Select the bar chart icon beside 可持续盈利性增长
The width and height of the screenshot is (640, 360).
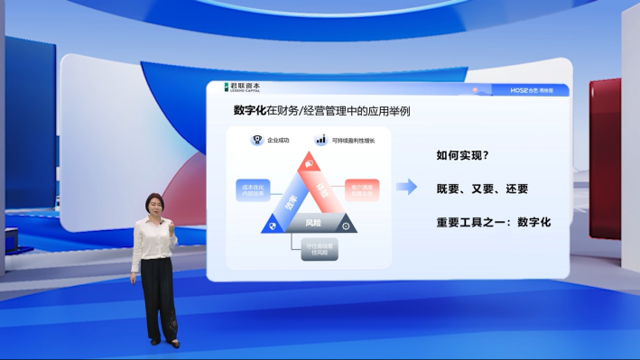(320, 140)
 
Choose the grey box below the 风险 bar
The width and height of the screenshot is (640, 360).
(320, 248)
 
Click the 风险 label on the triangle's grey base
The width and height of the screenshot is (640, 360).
(314, 222)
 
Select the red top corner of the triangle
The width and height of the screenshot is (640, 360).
(310, 162)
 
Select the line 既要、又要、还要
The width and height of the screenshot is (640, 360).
(482, 189)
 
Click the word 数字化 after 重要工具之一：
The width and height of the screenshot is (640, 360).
(533, 221)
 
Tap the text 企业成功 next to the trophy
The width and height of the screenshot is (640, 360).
(278, 141)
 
